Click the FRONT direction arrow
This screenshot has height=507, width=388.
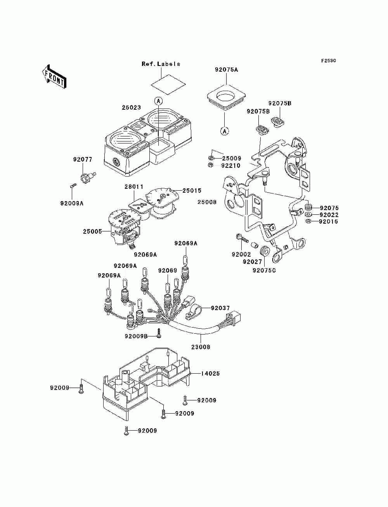54,77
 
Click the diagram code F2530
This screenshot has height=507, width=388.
328,61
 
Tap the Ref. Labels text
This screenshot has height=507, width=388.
161,64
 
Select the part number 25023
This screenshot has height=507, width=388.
131,107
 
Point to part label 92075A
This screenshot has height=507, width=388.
226,69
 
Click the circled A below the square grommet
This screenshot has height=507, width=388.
224,131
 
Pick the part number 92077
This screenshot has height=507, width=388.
83,159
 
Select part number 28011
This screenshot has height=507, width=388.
134,186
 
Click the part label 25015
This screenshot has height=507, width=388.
192,191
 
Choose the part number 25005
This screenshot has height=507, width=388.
92,231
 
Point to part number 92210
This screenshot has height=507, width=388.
231,166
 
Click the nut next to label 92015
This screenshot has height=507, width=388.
308,221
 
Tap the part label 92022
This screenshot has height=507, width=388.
329,215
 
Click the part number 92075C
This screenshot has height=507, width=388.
264,271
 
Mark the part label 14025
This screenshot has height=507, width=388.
210,374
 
